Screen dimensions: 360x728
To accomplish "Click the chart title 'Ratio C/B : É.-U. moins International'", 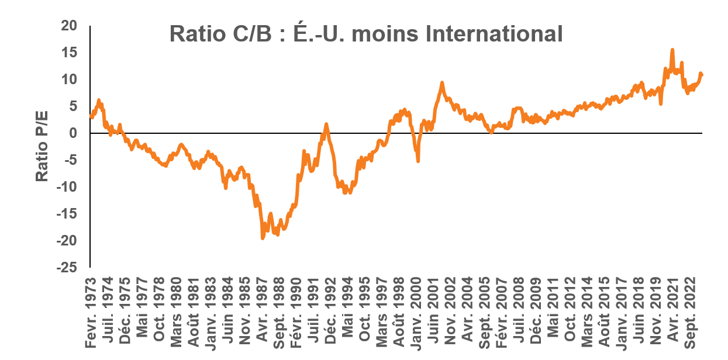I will tap(365, 34).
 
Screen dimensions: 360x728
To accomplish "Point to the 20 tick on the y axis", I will tap(69, 26).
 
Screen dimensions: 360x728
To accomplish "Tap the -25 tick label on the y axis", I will tap(66, 268).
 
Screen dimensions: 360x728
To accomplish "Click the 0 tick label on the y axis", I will tap(73, 133).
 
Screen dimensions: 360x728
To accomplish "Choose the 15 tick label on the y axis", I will tap(69, 53).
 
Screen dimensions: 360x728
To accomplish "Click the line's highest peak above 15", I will tap(672, 50).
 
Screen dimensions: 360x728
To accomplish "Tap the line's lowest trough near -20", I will tap(262, 238).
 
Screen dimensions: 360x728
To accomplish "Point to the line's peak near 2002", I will tap(441, 83).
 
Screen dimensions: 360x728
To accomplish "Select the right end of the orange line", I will tap(702, 75).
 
